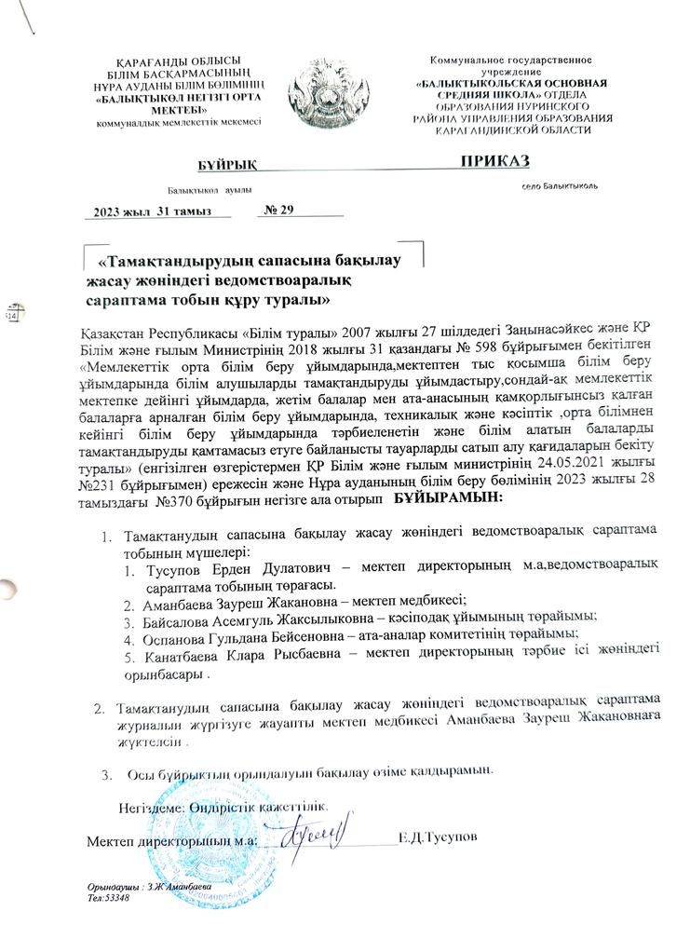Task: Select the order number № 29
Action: coord(279,210)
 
